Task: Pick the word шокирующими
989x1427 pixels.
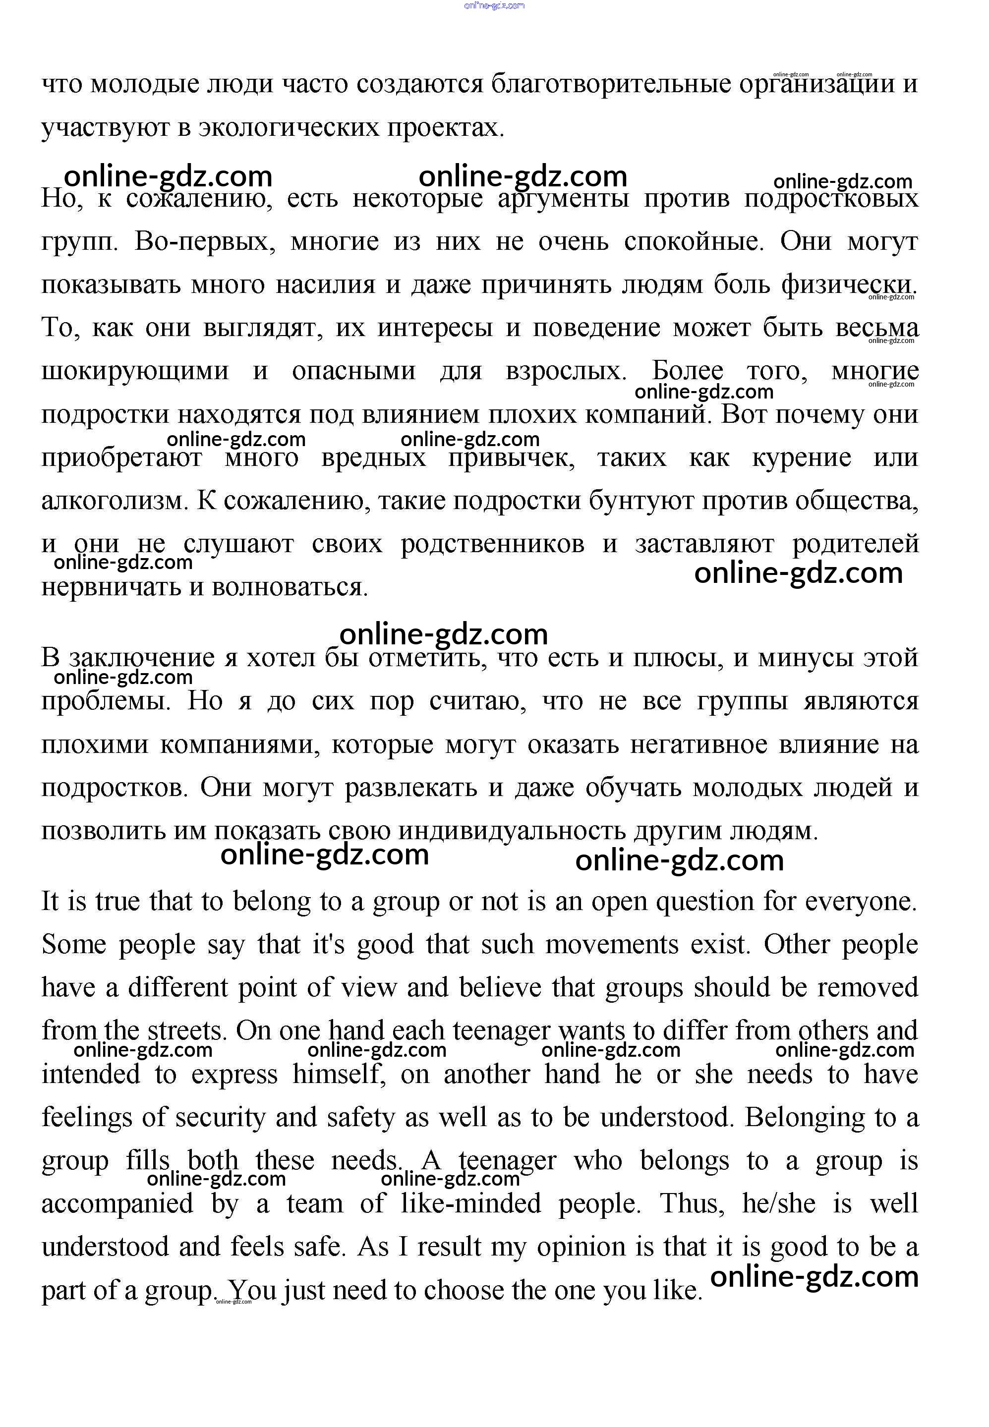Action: (134, 371)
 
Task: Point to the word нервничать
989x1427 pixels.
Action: (112, 587)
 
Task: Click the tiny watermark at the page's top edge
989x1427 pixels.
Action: (494, 5)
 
